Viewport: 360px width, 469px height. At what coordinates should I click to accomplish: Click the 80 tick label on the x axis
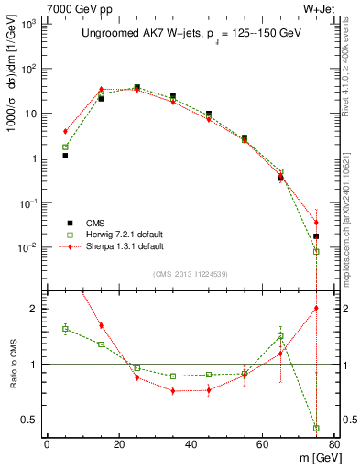tap(334, 445)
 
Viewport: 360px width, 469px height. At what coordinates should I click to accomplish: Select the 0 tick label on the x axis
tap(47, 445)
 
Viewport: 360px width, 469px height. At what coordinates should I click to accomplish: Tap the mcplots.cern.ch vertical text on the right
tap(349, 220)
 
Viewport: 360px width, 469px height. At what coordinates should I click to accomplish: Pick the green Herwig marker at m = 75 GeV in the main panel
tap(316, 251)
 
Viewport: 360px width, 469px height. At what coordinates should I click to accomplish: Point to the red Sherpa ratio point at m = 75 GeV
tap(316, 308)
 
